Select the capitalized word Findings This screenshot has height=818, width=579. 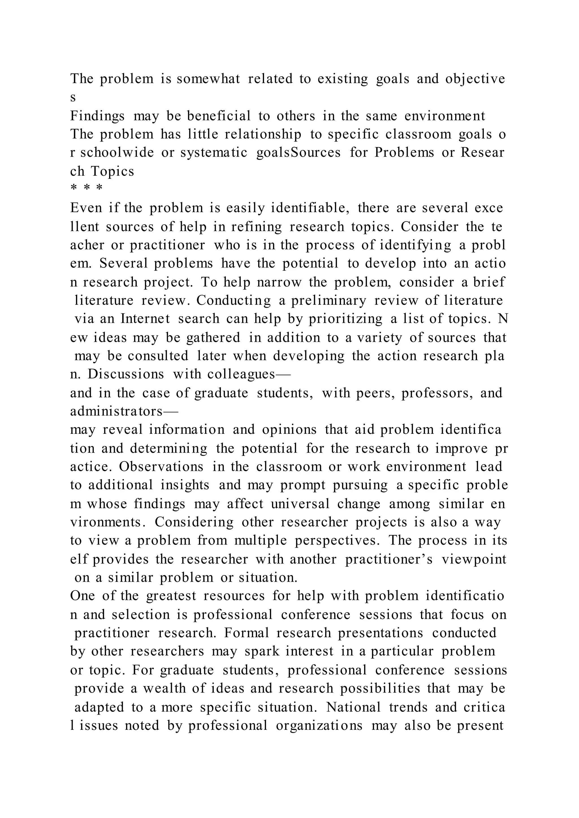pyautogui.click(x=97, y=116)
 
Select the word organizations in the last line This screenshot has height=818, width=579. pyautogui.click(x=319, y=725)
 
